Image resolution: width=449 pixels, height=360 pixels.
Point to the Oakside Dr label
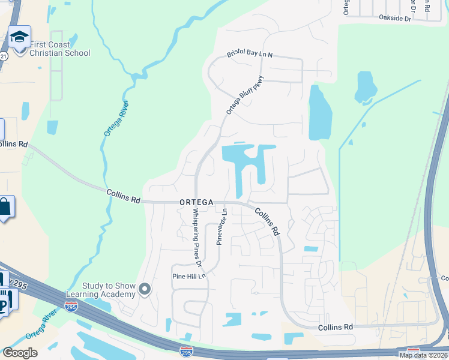394,19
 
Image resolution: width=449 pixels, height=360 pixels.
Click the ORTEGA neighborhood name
196,203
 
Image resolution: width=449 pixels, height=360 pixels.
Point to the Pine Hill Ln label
189,276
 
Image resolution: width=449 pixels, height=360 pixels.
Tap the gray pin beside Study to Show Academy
145,290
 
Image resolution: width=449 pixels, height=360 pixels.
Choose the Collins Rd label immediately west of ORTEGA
123,196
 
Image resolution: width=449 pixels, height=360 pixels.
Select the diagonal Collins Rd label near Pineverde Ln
268,221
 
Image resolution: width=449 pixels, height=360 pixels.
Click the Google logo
20,353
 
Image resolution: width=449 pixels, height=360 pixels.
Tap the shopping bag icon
5,208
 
